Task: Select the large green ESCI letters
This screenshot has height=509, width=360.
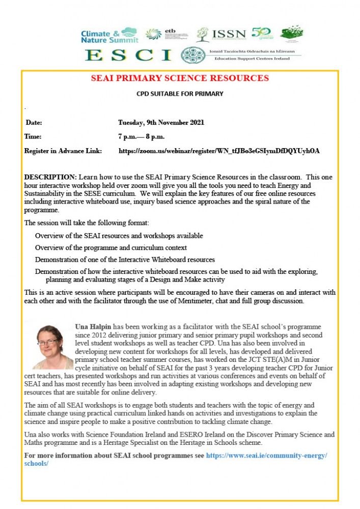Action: (x=128, y=54)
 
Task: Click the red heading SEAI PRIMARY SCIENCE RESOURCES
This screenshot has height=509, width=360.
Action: (x=180, y=78)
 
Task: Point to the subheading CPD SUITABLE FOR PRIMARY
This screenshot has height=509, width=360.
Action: (x=180, y=94)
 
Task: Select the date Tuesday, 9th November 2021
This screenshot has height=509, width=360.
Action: (x=161, y=123)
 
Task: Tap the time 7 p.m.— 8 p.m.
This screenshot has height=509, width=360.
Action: (x=141, y=137)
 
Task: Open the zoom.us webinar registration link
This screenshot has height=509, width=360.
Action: (x=219, y=151)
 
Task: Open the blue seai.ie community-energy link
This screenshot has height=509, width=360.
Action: (x=266, y=455)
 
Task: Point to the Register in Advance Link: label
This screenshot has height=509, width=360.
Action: (x=63, y=151)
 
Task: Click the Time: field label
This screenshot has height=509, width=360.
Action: (x=33, y=137)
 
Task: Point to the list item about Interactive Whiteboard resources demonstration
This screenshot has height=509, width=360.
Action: (x=125, y=260)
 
